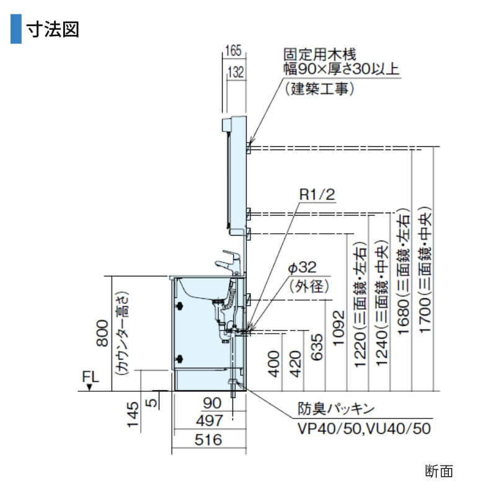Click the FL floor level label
coord(89,376)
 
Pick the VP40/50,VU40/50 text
coord(364,428)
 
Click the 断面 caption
coord(440,471)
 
